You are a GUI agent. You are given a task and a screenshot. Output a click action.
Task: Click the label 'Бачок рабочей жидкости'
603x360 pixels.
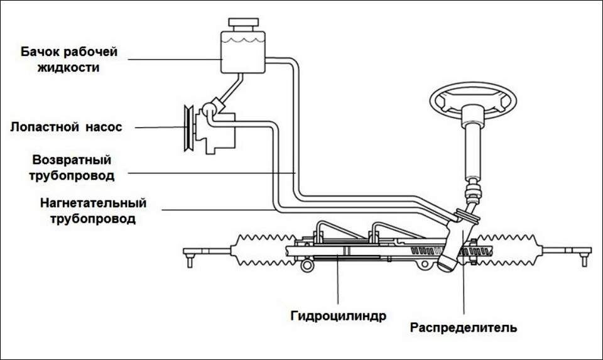click(x=69, y=59)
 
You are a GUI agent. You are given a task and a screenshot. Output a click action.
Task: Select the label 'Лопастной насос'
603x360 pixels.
click(x=66, y=127)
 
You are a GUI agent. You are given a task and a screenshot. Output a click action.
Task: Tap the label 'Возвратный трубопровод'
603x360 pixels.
click(x=72, y=168)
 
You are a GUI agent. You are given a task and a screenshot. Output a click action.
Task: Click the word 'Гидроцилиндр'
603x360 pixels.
click(x=339, y=315)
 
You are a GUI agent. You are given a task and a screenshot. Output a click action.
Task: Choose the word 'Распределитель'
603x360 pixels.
click(x=464, y=327)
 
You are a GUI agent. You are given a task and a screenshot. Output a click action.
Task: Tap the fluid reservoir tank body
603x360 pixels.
click(x=242, y=54)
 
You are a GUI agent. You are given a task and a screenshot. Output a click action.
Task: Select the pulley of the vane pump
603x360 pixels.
click(x=187, y=128)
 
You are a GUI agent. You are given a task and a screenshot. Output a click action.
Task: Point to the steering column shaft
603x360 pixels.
click(x=472, y=148)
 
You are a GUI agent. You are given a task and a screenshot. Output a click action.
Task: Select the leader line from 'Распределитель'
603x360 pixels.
click(x=464, y=289)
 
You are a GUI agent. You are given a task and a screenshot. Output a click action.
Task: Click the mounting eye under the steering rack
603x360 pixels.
click(x=307, y=265)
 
